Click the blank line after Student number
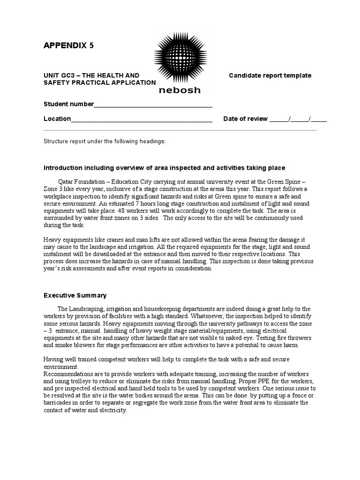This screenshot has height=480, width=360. pos(153,105)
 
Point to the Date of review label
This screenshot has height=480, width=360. pos(245,119)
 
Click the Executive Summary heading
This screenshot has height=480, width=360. pos(75,295)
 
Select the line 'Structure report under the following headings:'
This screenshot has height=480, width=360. pos(105,142)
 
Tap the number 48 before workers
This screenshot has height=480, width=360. pos(120,211)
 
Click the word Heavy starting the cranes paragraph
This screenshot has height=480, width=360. pos(52,240)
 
